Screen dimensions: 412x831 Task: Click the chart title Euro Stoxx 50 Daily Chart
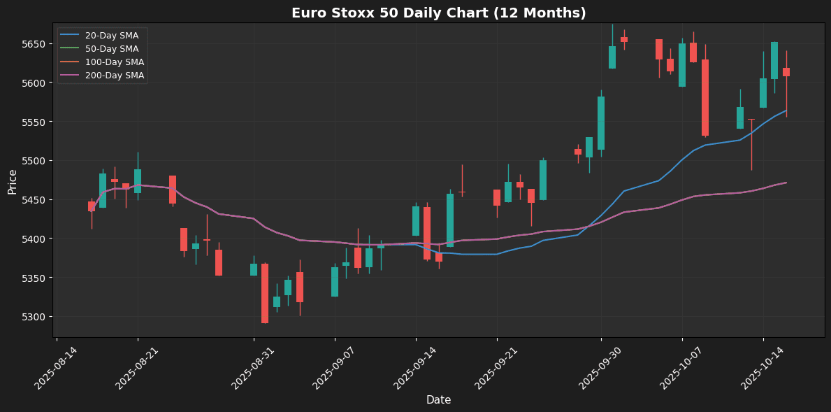pyautogui.click(x=438, y=13)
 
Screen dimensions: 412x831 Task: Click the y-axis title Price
pyautogui.click(x=13, y=181)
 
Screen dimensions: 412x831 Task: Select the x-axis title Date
pyautogui.click(x=438, y=400)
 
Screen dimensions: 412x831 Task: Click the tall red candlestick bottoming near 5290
pyautogui.click(x=265, y=293)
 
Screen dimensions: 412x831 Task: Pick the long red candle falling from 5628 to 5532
pyautogui.click(x=705, y=97)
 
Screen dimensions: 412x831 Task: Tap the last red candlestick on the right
pyautogui.click(x=786, y=72)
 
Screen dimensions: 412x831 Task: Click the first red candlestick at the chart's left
pyautogui.click(x=92, y=206)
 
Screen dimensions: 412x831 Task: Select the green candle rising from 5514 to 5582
pyautogui.click(x=601, y=123)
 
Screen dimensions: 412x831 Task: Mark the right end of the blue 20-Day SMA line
pyautogui.click(x=786, y=111)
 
